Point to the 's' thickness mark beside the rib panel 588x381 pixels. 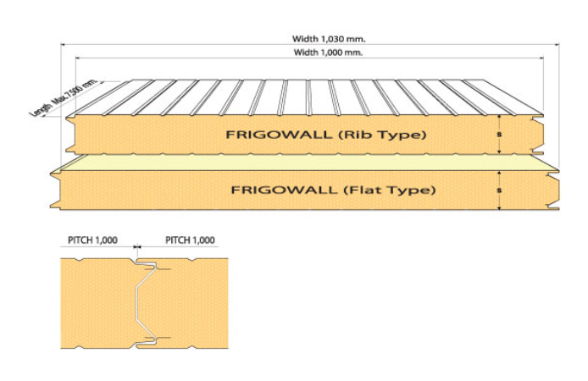tap(500, 135)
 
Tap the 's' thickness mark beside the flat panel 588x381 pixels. tap(500, 190)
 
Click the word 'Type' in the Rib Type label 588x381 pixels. tap(403, 135)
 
